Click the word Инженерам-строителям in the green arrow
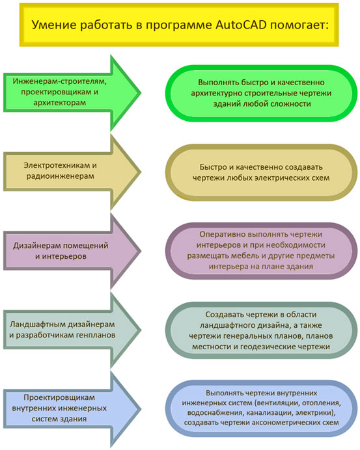60,81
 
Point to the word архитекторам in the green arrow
59,103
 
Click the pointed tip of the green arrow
141,93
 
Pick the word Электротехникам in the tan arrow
57,166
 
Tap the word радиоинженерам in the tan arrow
61,176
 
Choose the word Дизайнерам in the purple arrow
36,246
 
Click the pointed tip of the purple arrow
141,251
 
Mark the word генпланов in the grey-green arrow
95,335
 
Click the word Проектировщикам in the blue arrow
59,398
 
